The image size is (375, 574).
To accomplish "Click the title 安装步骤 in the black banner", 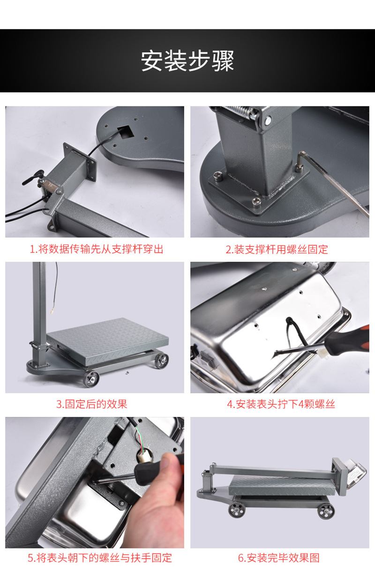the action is pyautogui.click(x=187, y=61).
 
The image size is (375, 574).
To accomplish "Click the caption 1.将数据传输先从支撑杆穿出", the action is pyautogui.click(x=97, y=249).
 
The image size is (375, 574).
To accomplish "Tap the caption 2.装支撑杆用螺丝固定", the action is pyautogui.click(x=277, y=249).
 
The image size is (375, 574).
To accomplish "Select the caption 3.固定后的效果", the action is pyautogui.click(x=92, y=404).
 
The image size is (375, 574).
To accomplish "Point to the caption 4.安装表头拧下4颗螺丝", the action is pyautogui.click(x=281, y=404).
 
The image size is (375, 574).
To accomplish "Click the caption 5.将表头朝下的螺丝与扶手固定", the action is pyautogui.click(x=100, y=558).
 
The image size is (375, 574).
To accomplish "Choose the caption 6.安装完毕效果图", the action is pyautogui.click(x=279, y=558).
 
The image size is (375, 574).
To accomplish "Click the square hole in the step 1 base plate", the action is pyautogui.click(x=126, y=132).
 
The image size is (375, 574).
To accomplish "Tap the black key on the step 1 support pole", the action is pyautogui.click(x=33, y=177).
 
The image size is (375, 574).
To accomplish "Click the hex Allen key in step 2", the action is pyautogui.click(x=333, y=179).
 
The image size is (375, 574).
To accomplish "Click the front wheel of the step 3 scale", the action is pyautogui.click(x=91, y=379).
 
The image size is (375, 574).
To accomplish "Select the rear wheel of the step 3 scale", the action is pyautogui.click(x=161, y=361).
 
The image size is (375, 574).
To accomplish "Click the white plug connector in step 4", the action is pyautogui.click(x=322, y=354).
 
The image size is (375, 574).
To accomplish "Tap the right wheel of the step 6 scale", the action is pyautogui.click(x=326, y=511).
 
